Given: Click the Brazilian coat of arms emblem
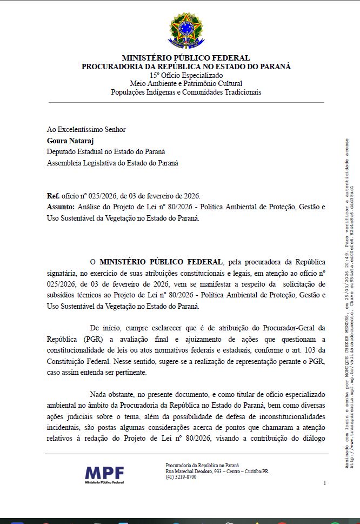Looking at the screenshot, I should click(x=186, y=29).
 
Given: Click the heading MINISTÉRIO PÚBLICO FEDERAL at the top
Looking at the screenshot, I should click(x=186, y=58).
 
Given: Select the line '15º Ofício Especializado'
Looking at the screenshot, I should click(x=186, y=75).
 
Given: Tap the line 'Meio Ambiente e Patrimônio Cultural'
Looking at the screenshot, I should click(x=186, y=83).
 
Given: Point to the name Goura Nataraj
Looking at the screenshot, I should click(x=71, y=141).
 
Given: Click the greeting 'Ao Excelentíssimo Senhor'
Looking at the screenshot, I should click(x=86, y=129).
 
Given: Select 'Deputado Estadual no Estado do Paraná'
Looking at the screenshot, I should click(x=106, y=151).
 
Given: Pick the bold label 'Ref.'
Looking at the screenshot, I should click(x=53, y=196).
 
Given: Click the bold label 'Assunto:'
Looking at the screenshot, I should click(x=61, y=207).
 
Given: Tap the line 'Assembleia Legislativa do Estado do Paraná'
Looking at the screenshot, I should click(x=112, y=163).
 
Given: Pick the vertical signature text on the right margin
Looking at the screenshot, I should click(x=350, y=303).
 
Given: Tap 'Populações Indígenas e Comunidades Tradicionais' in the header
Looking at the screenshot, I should click(x=186, y=92).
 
